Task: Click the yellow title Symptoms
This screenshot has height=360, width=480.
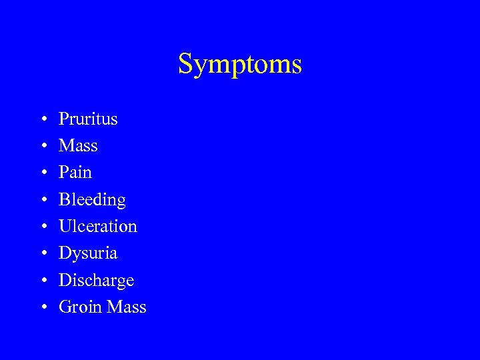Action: coord(240,65)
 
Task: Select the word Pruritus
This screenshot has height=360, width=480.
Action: coord(88,119)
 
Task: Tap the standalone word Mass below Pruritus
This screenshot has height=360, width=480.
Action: coord(78,146)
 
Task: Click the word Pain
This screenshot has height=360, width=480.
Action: coord(75,173)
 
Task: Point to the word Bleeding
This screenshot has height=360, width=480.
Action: coord(92,200)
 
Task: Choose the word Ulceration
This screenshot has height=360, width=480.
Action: coord(98,227)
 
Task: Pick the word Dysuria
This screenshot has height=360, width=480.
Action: coord(88,253)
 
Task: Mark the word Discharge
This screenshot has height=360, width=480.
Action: coord(96,281)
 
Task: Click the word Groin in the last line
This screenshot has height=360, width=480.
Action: coord(77,307)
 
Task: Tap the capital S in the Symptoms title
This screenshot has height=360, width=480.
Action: coord(185,64)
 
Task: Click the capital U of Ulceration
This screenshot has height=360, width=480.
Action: coord(65,227)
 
